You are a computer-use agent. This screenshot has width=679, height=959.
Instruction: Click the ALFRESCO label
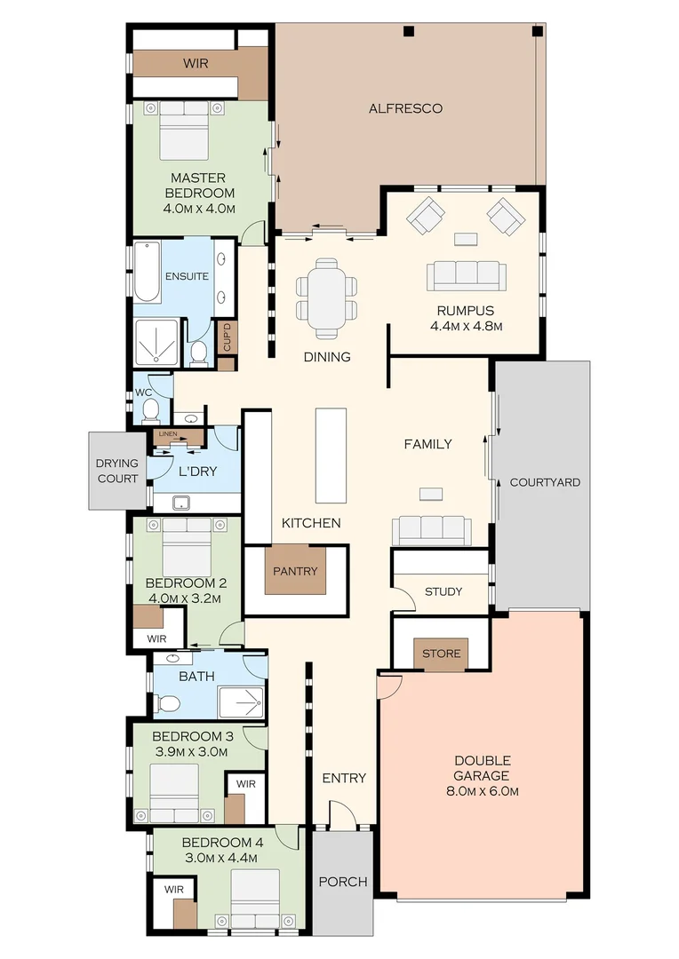405,109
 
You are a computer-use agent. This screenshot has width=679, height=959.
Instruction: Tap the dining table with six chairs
327,298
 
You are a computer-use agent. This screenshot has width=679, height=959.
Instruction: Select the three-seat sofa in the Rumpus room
466,275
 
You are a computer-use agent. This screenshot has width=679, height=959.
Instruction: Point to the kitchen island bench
331,456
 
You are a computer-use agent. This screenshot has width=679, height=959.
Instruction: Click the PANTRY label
295,571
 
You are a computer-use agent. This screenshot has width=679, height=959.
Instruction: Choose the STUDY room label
443,591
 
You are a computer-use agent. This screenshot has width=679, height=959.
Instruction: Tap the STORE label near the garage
441,654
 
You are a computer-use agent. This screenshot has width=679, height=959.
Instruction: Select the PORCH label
342,882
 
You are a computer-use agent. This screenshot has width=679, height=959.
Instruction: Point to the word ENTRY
344,779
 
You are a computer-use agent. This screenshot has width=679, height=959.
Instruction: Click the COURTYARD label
544,482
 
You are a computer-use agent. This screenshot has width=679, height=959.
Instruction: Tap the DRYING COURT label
117,471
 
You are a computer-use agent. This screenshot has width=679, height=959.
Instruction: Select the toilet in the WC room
151,410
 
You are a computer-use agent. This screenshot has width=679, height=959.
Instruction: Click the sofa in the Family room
432,530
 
